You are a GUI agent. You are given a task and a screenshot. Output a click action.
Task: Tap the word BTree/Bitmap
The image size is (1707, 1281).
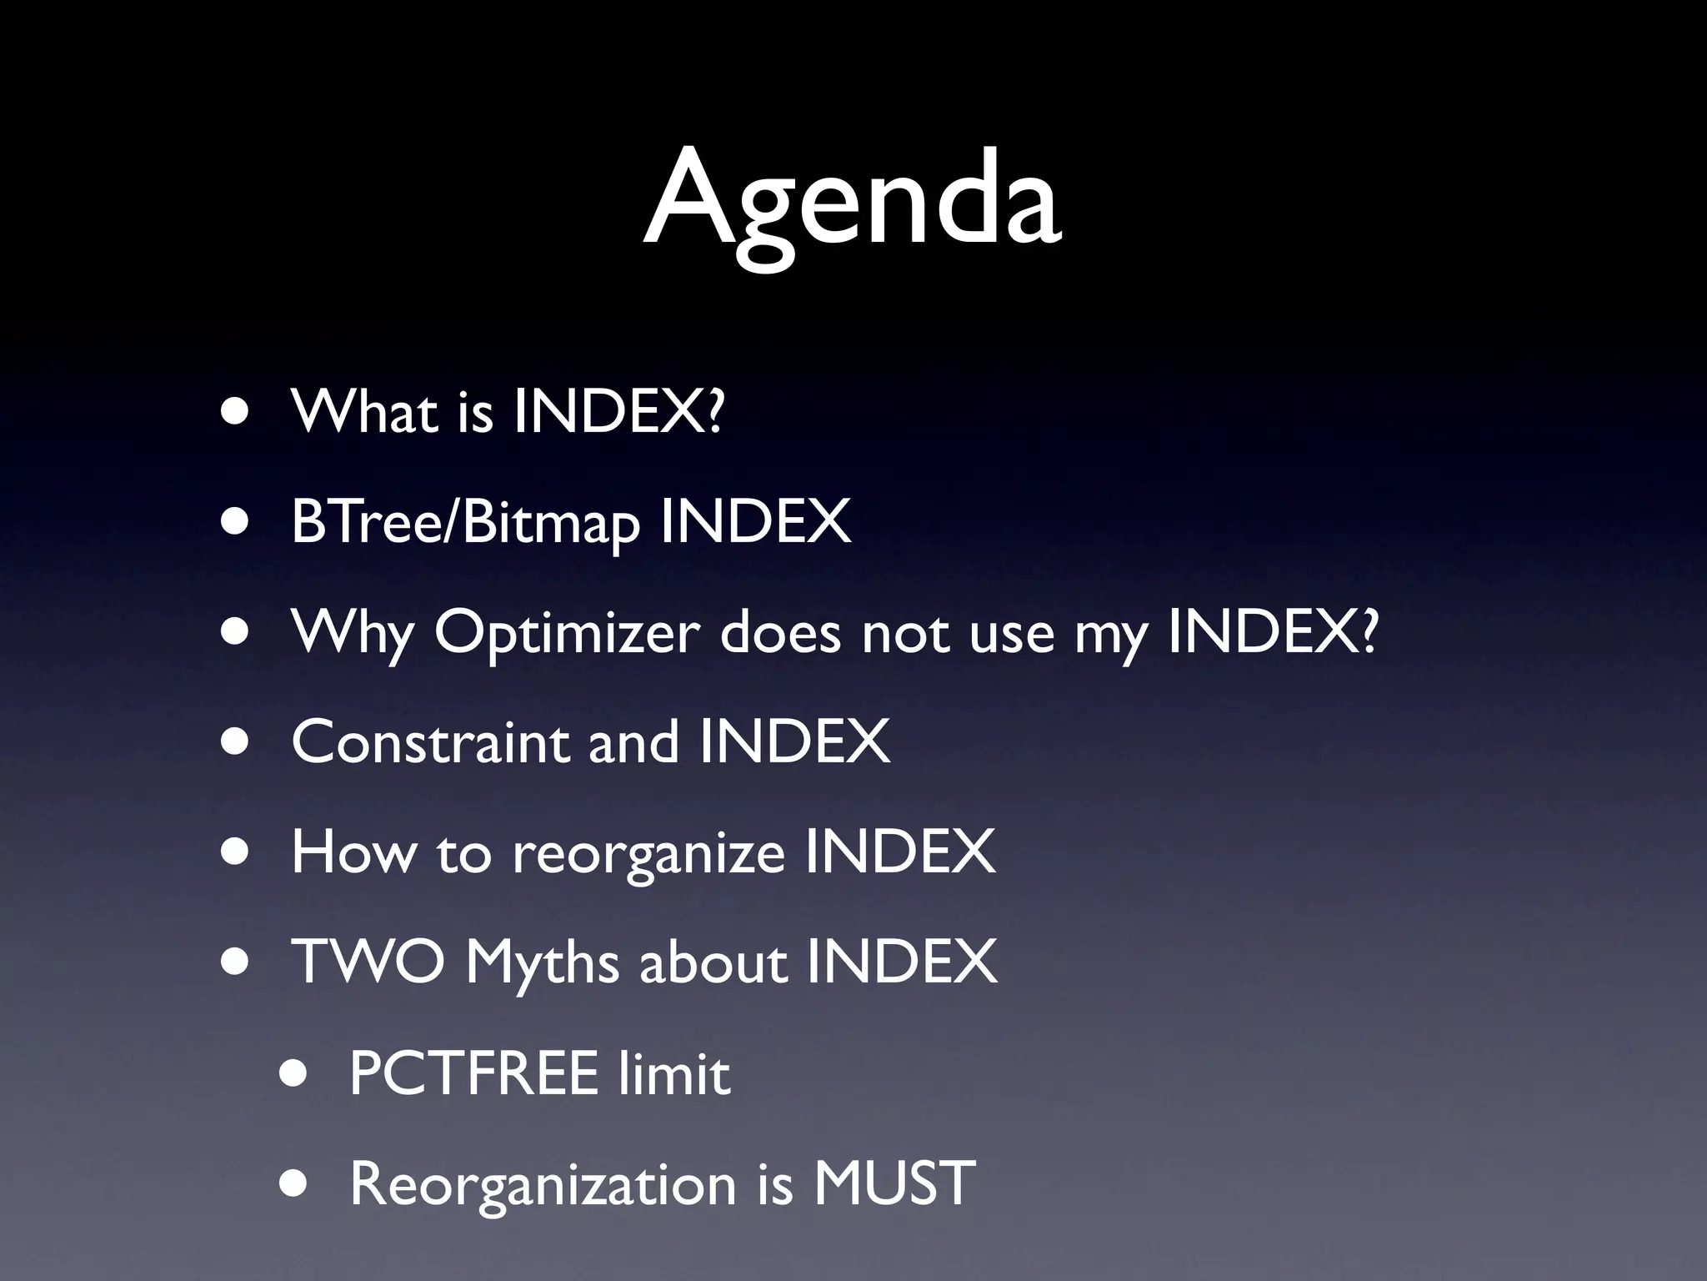pos(466,522)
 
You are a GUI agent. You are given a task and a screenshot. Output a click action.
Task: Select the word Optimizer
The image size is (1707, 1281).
pos(567,632)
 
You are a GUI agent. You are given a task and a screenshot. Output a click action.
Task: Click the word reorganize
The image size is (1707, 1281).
pos(648,853)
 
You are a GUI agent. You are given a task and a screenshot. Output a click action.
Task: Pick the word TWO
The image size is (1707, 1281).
pos(368,962)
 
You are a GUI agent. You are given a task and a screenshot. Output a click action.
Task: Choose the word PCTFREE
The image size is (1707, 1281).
pos(473,1073)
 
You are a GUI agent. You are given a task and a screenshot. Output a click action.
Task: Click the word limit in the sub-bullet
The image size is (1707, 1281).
pos(674,1073)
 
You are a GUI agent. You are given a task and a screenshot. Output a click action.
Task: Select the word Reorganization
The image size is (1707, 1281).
pos(543,1183)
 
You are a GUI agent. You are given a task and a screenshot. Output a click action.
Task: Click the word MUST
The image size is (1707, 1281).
pos(894,1183)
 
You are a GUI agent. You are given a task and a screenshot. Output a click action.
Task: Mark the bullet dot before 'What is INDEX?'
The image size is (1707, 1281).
pos(236,412)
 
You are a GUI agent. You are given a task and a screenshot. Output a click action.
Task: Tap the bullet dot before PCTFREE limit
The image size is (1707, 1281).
pos(293,1073)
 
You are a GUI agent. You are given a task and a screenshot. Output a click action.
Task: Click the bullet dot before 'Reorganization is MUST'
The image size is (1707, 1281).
pos(293,1183)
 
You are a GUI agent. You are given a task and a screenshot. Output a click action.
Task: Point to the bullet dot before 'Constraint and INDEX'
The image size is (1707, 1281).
pos(236,742)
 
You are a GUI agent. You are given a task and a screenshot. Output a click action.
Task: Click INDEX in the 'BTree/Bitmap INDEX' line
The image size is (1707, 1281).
pos(755,522)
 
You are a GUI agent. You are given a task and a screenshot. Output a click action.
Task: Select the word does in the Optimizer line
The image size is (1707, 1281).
pos(780,632)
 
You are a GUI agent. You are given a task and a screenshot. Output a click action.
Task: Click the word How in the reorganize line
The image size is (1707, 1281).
pos(353,852)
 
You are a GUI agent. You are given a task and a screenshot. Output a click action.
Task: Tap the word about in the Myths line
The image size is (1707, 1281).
pos(713,962)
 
